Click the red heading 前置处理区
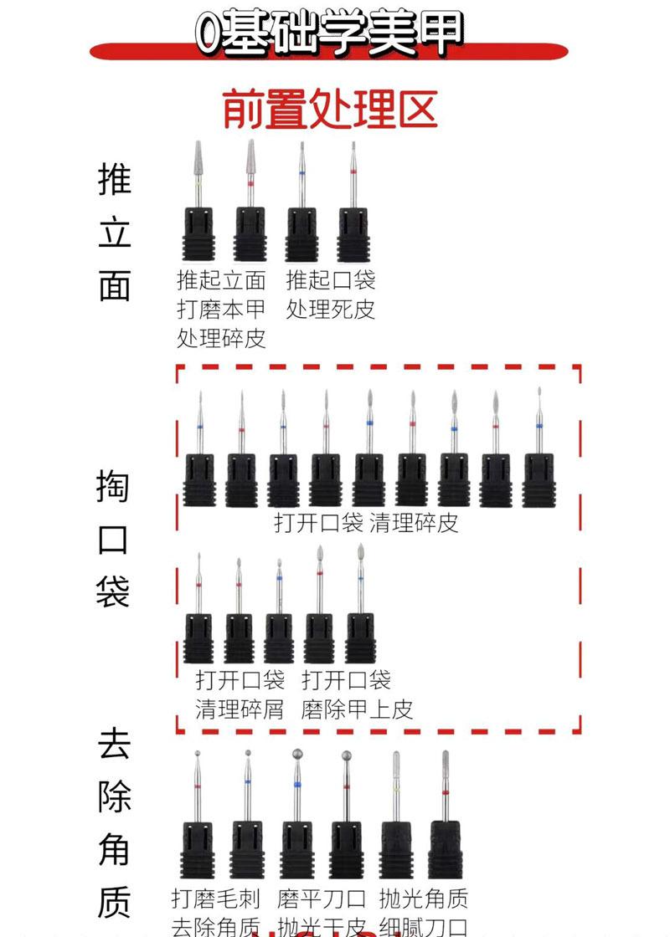click(330, 110)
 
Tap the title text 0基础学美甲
click(328, 33)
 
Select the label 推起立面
click(221, 280)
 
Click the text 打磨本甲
click(221, 310)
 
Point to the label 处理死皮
click(330, 310)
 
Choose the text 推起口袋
click(330, 280)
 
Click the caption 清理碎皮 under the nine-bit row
click(414, 524)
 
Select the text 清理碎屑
click(240, 709)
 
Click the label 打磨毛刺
click(216, 899)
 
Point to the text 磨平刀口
click(322, 899)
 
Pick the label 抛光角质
click(423, 899)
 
